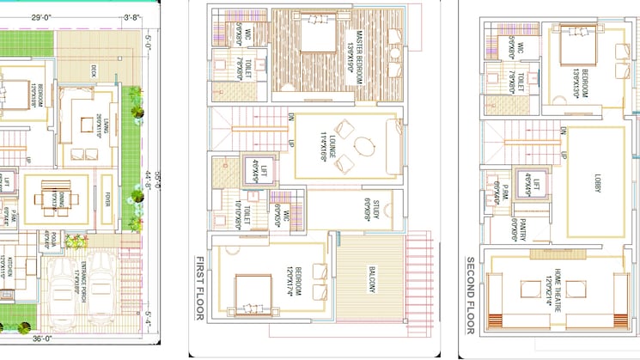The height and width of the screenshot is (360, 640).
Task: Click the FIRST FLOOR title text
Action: click(x=198, y=288)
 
